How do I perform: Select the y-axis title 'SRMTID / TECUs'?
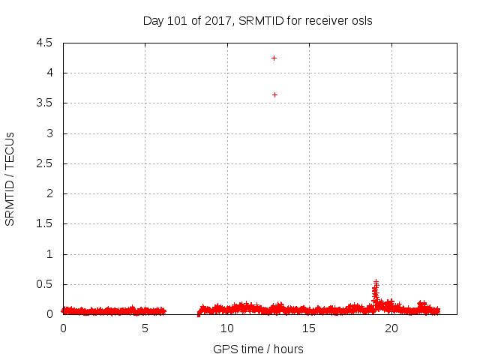click(x=10, y=178)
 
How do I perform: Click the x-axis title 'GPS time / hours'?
click(x=258, y=349)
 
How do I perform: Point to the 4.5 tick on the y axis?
click(x=44, y=43)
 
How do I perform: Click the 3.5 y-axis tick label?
click(x=44, y=103)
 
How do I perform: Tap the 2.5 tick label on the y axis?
click(x=44, y=163)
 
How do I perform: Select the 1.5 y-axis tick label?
click(x=44, y=224)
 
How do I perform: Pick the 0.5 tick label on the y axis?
click(x=44, y=284)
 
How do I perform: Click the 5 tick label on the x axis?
click(x=145, y=328)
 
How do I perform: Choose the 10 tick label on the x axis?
click(x=226, y=328)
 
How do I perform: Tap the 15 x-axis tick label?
click(x=308, y=328)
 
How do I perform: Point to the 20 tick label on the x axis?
click(x=390, y=328)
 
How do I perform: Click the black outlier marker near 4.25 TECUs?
click(x=274, y=58)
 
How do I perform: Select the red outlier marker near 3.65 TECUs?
click(x=274, y=94)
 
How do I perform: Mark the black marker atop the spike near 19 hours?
click(x=376, y=282)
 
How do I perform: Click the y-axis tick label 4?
click(x=49, y=73)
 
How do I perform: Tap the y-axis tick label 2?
click(x=49, y=193)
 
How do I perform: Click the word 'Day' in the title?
click(x=153, y=21)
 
